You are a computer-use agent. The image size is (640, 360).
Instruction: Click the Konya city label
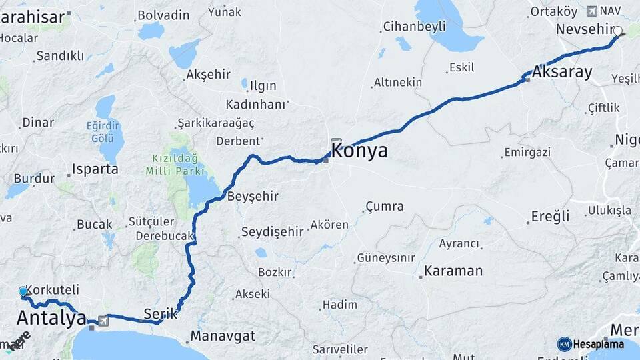coord(359,151)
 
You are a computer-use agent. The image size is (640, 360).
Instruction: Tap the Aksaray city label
coord(562,72)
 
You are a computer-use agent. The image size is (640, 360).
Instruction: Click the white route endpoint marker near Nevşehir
coord(618,31)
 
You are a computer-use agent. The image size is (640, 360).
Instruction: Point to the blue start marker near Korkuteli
coord(24,291)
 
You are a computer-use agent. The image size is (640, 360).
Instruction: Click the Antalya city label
coord(51,318)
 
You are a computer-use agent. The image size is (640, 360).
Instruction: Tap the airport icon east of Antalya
coord(103,321)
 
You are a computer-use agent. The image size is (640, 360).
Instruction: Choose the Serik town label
coord(161,313)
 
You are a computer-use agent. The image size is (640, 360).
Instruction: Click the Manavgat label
coord(223,336)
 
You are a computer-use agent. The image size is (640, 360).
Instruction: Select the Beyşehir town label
coord(253,197)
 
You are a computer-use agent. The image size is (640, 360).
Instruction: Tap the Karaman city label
coord(453,271)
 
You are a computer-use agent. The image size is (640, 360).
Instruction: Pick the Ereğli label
coord(550,216)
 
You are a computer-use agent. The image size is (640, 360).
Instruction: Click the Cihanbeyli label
coord(414,27)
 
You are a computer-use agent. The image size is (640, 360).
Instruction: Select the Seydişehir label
coord(272,231)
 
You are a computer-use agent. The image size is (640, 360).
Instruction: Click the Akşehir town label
coord(209,74)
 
